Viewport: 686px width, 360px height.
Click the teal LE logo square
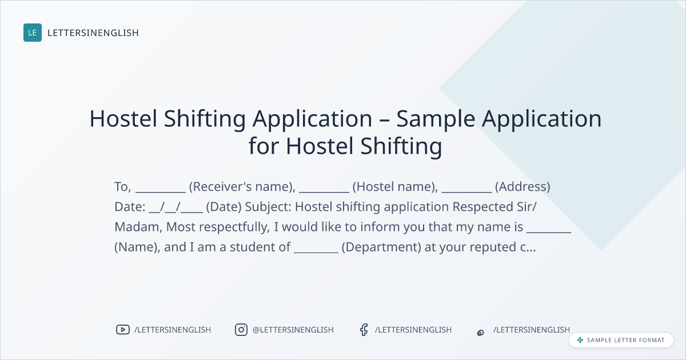33,33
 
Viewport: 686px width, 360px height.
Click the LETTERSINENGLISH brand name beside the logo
93,33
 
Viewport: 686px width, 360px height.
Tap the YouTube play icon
123,330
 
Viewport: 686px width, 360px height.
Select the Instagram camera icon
241,330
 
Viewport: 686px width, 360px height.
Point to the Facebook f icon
364,330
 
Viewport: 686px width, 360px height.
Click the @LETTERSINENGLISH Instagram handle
293,330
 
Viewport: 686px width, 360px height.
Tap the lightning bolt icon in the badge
580,340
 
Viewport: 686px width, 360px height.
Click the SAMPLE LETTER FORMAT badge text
625,340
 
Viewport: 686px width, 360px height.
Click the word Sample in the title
436,119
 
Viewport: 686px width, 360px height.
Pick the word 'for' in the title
264,146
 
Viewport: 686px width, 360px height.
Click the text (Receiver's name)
242,187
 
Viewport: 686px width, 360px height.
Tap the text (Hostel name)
396,187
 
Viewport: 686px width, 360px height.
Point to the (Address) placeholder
523,187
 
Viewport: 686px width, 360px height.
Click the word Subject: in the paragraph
268,207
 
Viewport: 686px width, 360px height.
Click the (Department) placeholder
381,247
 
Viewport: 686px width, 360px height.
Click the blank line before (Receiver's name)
161,192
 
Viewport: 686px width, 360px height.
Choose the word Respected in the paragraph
483,207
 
